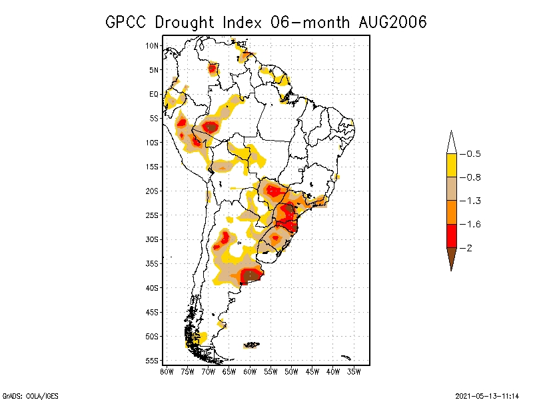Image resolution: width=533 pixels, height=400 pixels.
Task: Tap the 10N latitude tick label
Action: click(152, 46)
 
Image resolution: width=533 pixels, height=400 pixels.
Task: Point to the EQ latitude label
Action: click(154, 95)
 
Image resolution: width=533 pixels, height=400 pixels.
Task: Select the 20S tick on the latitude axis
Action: click(152, 191)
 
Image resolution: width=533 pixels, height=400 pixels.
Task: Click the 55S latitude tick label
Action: click(152, 361)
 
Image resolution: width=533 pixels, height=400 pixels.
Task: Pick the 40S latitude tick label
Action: click(152, 288)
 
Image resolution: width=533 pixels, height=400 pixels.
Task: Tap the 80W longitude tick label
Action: click(167, 371)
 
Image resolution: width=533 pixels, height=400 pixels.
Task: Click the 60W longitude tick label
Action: click(250, 371)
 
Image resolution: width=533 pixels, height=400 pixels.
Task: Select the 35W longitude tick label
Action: click(354, 371)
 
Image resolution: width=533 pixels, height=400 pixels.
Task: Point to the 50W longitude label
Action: click(291, 371)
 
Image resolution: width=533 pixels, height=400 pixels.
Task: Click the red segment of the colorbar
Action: click(451, 235)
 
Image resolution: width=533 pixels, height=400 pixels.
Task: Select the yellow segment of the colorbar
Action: click(451, 165)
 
